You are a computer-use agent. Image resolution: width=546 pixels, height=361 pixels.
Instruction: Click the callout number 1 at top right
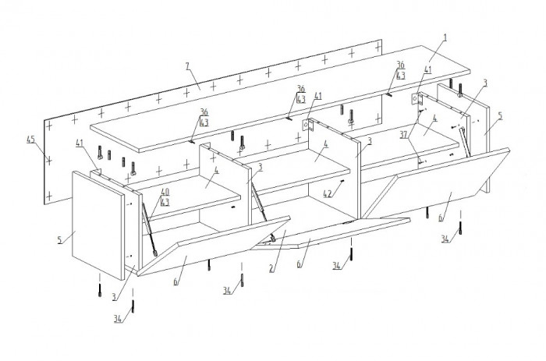[445, 38]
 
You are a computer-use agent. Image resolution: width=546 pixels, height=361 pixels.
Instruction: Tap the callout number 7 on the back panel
[188, 66]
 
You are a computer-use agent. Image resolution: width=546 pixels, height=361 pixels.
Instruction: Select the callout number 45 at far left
[30, 140]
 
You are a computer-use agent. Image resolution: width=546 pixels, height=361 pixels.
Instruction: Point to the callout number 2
[271, 268]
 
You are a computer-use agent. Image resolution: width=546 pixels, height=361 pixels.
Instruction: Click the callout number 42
[328, 194]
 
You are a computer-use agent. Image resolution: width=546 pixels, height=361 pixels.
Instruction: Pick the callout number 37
[403, 135]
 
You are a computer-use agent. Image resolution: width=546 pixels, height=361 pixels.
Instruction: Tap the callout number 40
[165, 192]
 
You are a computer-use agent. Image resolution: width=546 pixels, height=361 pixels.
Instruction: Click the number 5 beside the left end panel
[60, 240]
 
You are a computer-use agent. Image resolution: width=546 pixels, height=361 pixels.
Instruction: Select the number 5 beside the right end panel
[501, 116]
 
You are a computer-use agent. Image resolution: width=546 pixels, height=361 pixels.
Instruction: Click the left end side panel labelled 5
[97, 225]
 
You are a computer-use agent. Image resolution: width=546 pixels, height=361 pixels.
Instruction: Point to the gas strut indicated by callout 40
[150, 230]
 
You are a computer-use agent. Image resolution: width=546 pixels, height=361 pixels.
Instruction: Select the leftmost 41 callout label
[80, 143]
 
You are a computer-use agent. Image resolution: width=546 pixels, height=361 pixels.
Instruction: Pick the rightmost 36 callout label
[401, 65]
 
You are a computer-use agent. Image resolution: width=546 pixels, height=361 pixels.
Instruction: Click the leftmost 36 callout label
[204, 112]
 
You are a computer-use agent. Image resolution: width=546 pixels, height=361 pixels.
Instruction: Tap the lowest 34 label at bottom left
[118, 319]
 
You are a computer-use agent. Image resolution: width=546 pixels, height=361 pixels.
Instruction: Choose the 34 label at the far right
[445, 239]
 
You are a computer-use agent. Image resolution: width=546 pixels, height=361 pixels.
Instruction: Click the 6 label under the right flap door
[441, 218]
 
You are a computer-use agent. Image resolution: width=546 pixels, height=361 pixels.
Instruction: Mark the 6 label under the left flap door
[176, 281]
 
